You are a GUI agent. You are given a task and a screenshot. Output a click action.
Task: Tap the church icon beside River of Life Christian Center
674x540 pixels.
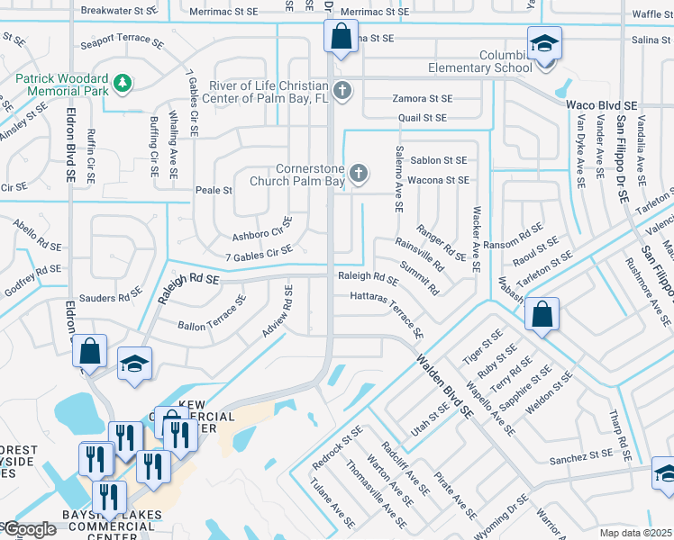click(342, 90)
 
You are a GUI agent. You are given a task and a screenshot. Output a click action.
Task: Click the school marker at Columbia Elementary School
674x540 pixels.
click(544, 45)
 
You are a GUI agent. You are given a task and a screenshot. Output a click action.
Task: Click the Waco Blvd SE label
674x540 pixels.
click(602, 105)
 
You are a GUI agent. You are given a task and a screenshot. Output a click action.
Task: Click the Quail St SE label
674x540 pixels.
click(423, 118)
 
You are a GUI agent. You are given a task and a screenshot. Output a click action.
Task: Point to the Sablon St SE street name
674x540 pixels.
click(439, 160)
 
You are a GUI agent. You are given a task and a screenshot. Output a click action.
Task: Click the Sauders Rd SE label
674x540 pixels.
click(110, 298)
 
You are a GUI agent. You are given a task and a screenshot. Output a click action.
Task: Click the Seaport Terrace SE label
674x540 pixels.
click(122, 42)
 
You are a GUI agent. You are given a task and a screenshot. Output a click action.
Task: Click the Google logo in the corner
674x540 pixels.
click(29, 529)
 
